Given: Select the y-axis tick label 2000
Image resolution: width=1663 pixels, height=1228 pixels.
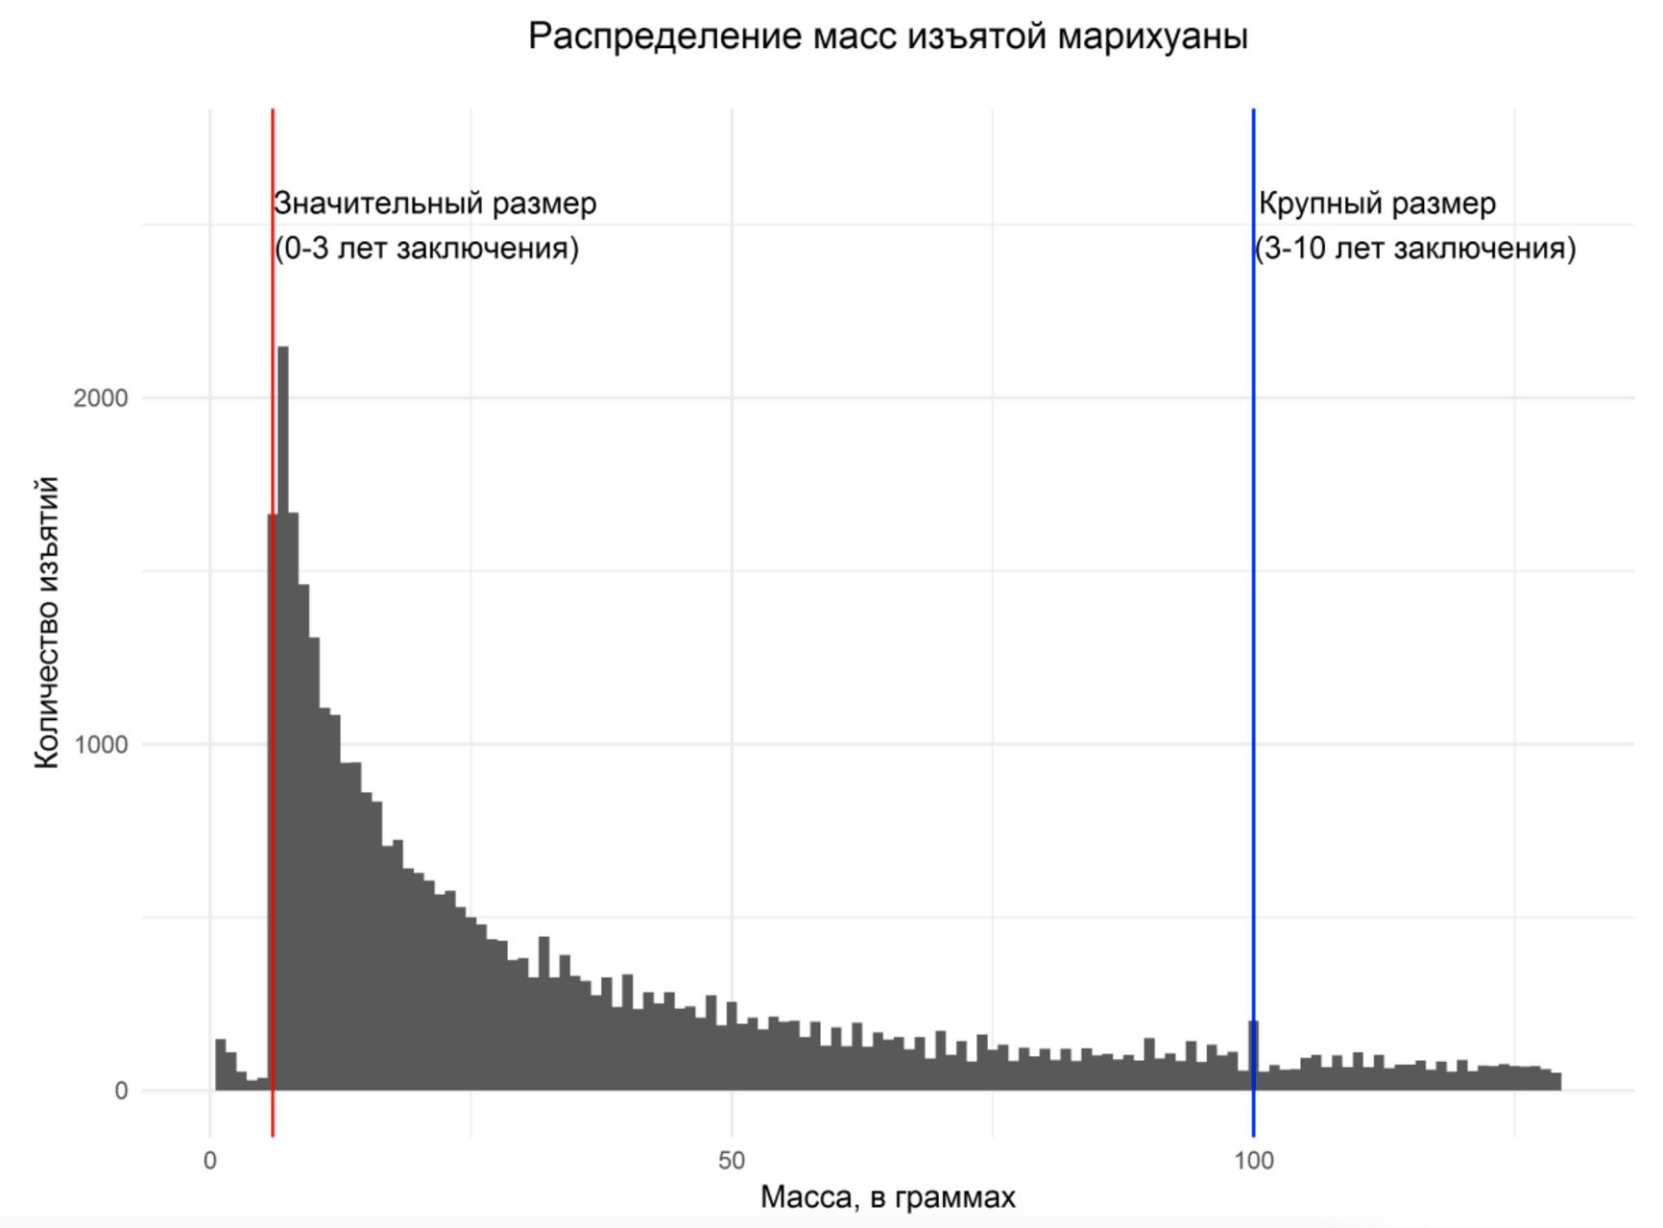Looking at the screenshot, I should click(100, 398).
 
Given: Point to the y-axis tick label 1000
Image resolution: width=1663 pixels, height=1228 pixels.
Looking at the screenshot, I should click(100, 745).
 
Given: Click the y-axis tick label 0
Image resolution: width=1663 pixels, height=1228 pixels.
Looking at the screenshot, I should click(121, 1091).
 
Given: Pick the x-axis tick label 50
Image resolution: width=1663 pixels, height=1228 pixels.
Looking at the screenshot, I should click(731, 1161).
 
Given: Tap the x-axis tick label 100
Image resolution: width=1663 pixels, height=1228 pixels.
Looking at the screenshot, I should click(1253, 1161).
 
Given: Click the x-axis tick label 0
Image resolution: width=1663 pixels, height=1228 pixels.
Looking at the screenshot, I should click(210, 1161).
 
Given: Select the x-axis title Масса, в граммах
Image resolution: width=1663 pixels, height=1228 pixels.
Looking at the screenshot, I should click(887, 1197).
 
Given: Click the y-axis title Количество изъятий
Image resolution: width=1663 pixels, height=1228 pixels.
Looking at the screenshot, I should click(47, 623).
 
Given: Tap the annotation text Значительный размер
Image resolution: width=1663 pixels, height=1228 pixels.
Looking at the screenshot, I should click(435, 204).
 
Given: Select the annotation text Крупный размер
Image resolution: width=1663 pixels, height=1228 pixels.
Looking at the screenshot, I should click(1377, 204).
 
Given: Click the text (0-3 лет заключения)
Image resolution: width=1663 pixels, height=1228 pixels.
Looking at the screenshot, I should click(426, 249).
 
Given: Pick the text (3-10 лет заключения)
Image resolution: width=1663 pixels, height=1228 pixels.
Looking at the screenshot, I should click(1415, 249).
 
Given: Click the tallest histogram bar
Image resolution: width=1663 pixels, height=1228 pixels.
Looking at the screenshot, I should click(282, 720).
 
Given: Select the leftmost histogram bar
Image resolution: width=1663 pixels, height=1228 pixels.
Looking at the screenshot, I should click(220, 1065).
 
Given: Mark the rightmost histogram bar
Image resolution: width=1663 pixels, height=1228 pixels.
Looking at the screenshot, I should click(1555, 1081).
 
